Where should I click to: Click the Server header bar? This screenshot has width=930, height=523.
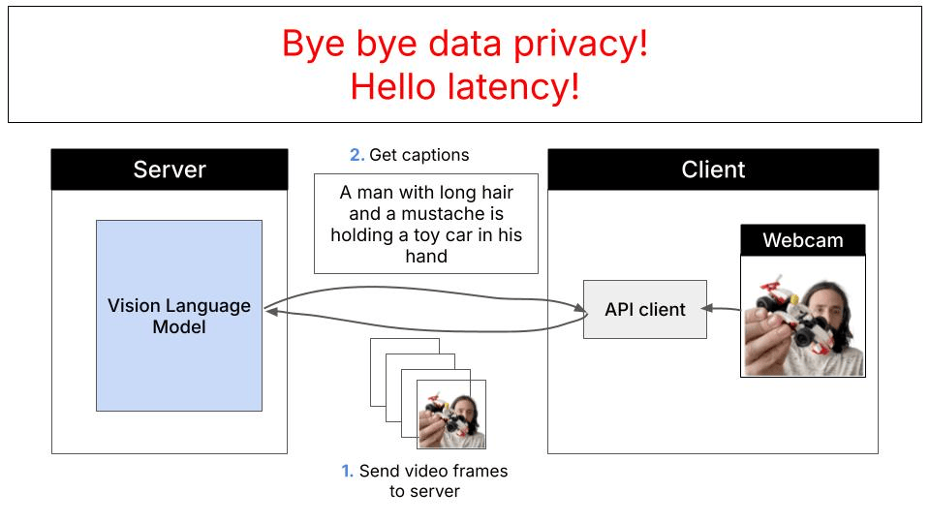click(x=170, y=169)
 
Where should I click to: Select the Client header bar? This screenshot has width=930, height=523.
click(x=713, y=169)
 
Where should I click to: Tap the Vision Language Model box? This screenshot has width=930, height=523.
click(x=179, y=316)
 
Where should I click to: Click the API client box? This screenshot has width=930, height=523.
click(x=645, y=310)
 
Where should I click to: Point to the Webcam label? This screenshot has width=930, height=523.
click(x=802, y=240)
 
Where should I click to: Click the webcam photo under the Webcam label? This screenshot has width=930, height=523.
click(x=803, y=316)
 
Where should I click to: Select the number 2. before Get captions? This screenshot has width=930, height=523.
click(x=356, y=155)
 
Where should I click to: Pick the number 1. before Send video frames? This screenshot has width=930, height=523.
click(x=347, y=472)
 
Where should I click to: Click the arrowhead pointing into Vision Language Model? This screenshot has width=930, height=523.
click(x=270, y=310)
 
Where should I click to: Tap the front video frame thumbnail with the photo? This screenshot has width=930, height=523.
click(x=450, y=415)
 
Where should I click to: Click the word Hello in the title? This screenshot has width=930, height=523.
click(x=391, y=87)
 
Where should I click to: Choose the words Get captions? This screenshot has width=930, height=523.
click(x=419, y=155)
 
